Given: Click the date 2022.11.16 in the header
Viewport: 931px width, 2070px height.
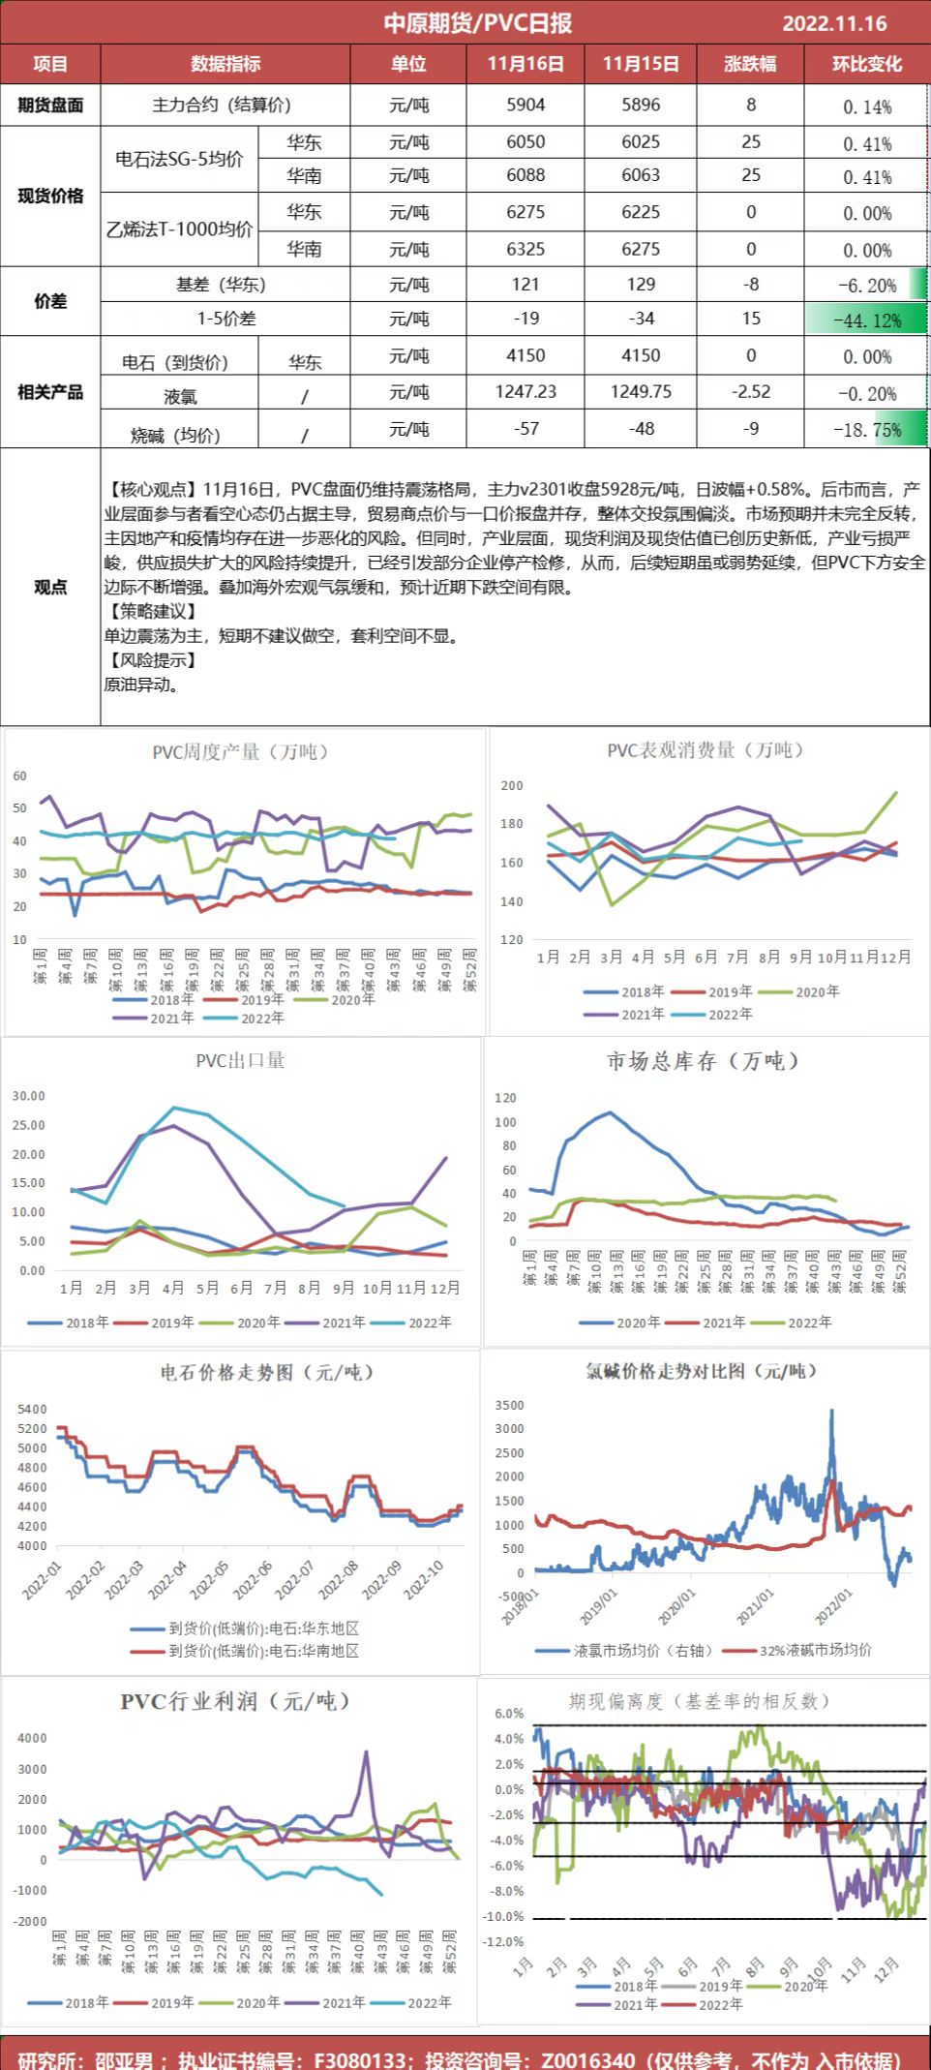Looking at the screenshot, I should coord(834,23).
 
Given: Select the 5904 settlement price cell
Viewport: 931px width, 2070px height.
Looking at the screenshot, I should coord(526,105).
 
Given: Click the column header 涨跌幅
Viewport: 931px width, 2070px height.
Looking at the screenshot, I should coord(750,64).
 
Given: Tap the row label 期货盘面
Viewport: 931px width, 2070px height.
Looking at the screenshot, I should coord(50,105).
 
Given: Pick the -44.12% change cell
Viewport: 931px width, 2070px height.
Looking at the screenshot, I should coord(868,320).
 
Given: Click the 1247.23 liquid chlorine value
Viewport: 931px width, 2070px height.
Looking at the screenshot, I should coord(526,392).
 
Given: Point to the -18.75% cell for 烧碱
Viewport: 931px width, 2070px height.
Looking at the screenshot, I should coord(868,430).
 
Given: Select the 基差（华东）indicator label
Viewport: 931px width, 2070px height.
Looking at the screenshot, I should coord(221,285).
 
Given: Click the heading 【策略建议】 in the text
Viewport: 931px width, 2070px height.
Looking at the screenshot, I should coord(152,611).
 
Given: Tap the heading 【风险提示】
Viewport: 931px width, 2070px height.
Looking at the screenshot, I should coord(152,660).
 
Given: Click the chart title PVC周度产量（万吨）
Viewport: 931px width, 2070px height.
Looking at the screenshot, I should coord(240,751).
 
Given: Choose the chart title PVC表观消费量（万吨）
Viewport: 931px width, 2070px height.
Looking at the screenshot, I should coord(706,749).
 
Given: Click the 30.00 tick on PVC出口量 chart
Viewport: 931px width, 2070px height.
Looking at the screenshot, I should coord(29,1096).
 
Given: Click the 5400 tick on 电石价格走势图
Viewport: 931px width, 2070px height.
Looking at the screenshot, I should coord(32,1409).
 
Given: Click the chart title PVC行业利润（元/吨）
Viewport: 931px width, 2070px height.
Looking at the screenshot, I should coord(235,1701).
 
